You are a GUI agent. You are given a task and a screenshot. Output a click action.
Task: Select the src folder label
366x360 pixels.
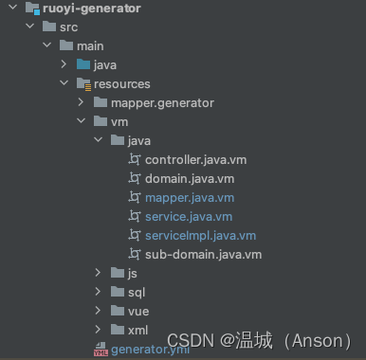tap(69, 27)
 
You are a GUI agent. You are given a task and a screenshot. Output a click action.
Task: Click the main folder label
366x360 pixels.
tap(90, 45)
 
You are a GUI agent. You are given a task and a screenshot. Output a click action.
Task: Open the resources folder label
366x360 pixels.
tap(121, 83)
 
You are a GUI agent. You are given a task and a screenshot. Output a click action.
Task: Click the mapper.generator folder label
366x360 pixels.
tap(162, 102)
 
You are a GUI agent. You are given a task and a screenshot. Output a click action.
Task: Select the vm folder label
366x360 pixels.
tap(119, 121)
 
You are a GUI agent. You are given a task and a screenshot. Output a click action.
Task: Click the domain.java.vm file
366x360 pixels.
tap(189, 178)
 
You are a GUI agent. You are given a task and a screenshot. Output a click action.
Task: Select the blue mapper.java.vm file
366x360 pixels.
tap(189, 197)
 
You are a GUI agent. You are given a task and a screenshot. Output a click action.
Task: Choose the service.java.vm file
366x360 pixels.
tap(188, 216)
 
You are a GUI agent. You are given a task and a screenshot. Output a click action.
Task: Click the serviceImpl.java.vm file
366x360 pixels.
tap(200, 235)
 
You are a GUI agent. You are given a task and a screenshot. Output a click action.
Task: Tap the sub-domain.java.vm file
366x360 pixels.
tap(202, 254)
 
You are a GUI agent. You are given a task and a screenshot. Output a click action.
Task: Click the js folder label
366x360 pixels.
tap(133, 273)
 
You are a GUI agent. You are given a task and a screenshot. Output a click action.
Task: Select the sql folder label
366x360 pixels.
tap(137, 292)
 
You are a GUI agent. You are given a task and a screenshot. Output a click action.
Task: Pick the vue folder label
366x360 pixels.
tap(137, 311)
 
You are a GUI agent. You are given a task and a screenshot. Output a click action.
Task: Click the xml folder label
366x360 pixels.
tap(137, 330)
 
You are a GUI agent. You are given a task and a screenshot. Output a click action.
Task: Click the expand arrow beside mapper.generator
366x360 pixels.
tap(81, 102)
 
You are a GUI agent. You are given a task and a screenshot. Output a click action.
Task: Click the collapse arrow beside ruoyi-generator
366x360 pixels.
tap(10, 9)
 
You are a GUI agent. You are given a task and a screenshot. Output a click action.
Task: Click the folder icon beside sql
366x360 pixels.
tap(117, 292)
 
